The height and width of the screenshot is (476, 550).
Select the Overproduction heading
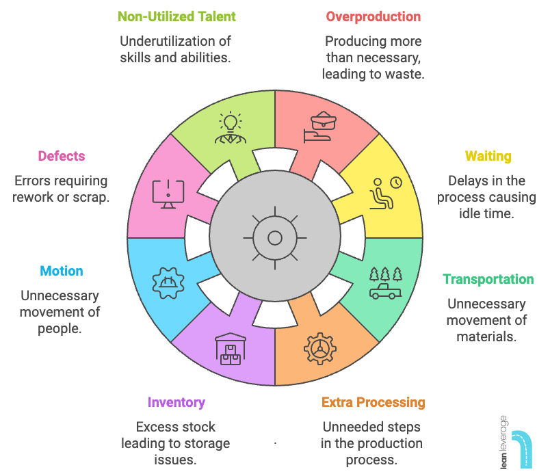[x=373, y=16]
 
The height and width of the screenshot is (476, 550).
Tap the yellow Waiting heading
[x=488, y=156]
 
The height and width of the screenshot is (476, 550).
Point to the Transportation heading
[x=488, y=279]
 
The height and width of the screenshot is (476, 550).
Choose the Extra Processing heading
[x=374, y=402]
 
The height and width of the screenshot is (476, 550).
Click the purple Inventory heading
[x=176, y=402]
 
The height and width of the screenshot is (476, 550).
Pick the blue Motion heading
[x=61, y=271]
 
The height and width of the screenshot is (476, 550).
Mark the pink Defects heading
[x=62, y=156]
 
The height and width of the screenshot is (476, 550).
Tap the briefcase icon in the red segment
[x=319, y=128]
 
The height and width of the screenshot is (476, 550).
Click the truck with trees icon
[x=385, y=282]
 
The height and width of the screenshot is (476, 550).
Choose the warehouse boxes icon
[x=230, y=349]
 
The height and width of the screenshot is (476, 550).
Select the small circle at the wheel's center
[x=274, y=238]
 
